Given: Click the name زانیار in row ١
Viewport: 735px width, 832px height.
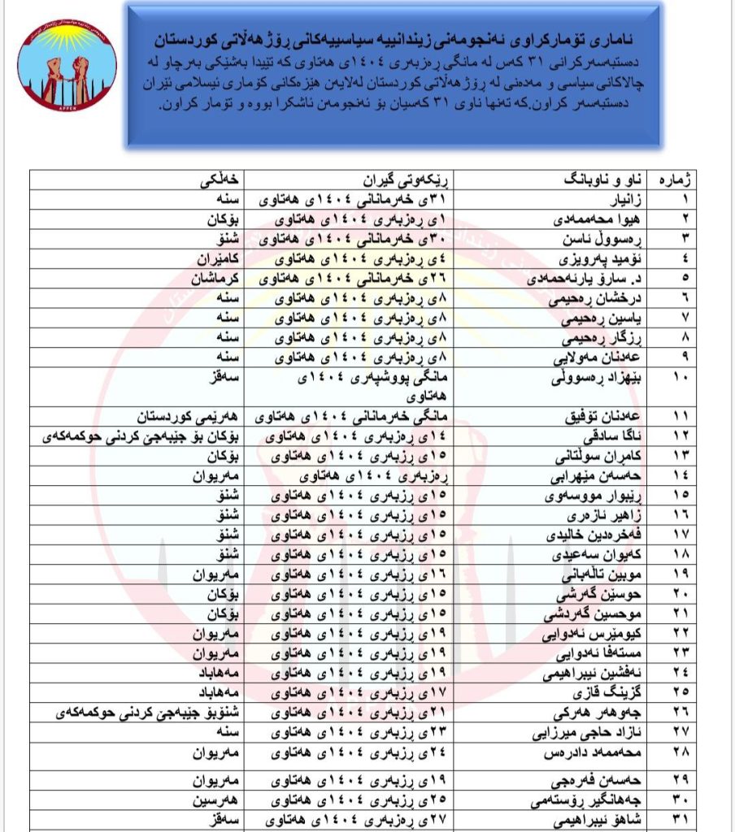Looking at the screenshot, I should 622,199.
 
